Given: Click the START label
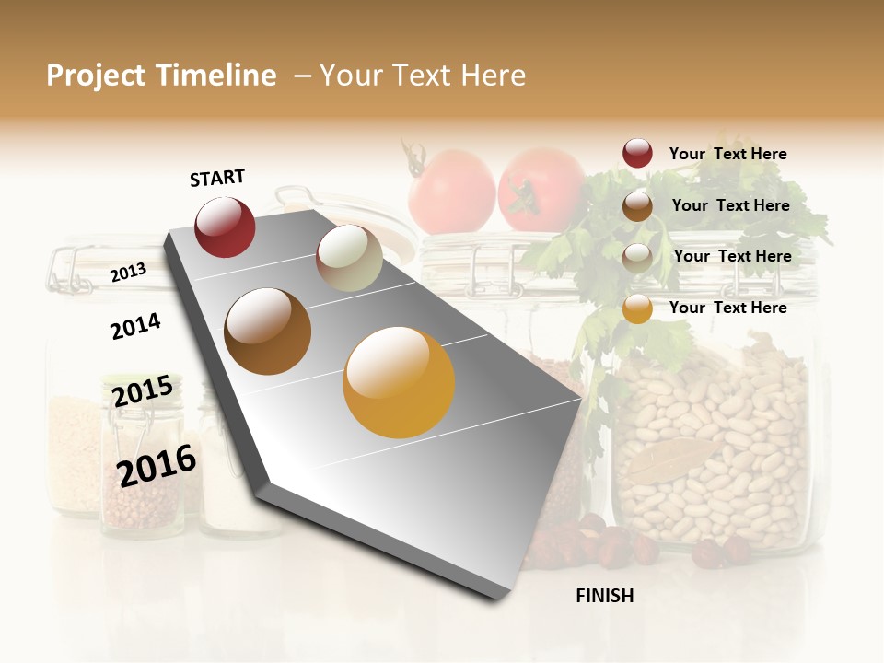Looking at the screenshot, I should pos(217,178).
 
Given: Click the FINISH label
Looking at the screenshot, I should pos(604,596).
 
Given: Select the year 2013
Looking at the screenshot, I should pos(128,273).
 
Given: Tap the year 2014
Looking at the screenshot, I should pos(135,326).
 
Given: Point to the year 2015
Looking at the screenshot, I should pos(143,391).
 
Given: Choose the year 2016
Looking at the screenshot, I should pos(157,465).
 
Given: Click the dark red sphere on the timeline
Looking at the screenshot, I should pos(225,227).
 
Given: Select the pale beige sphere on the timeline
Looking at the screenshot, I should pos(349,259).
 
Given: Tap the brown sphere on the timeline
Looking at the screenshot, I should pos(268,331).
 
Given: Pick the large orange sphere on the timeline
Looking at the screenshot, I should pos(399,382).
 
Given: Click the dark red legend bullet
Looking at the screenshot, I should pos(637,153).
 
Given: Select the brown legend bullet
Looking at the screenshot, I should pos(637,206).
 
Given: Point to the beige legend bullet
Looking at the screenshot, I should pos(637,258).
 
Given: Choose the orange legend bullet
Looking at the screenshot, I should pos(637,309).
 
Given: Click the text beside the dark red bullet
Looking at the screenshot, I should pos(727,154).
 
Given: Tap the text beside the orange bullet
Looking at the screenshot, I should pos(727,308).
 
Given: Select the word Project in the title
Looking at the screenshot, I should pos(96,76).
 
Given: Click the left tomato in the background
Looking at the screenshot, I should pos(451,192).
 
